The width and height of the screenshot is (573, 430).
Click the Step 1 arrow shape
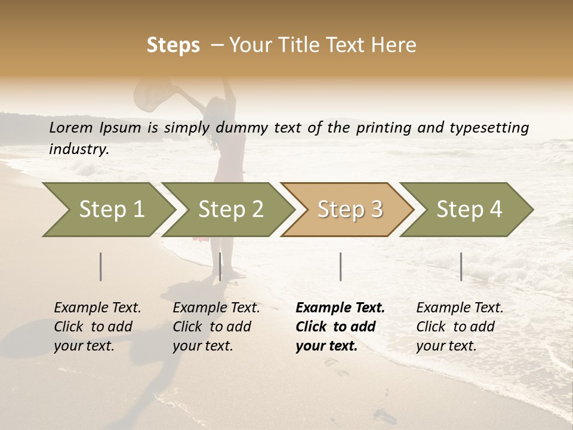coord(107,210)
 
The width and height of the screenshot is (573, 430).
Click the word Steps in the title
coord(173,45)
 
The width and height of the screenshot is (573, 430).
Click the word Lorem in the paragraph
coord(71,127)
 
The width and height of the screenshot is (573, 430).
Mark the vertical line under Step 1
coord(101,266)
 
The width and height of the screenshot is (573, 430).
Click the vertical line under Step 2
coord(220,266)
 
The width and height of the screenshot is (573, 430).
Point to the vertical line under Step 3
coord(340,266)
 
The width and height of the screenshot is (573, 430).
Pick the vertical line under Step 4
coord(461,266)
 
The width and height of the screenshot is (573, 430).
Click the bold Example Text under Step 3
coord(340,308)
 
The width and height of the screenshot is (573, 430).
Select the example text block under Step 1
coord(97,327)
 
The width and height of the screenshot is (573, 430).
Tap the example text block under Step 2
coord(216,327)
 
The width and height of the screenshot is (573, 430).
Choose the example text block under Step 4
coord(460,327)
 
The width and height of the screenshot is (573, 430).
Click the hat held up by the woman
coord(149,94)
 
